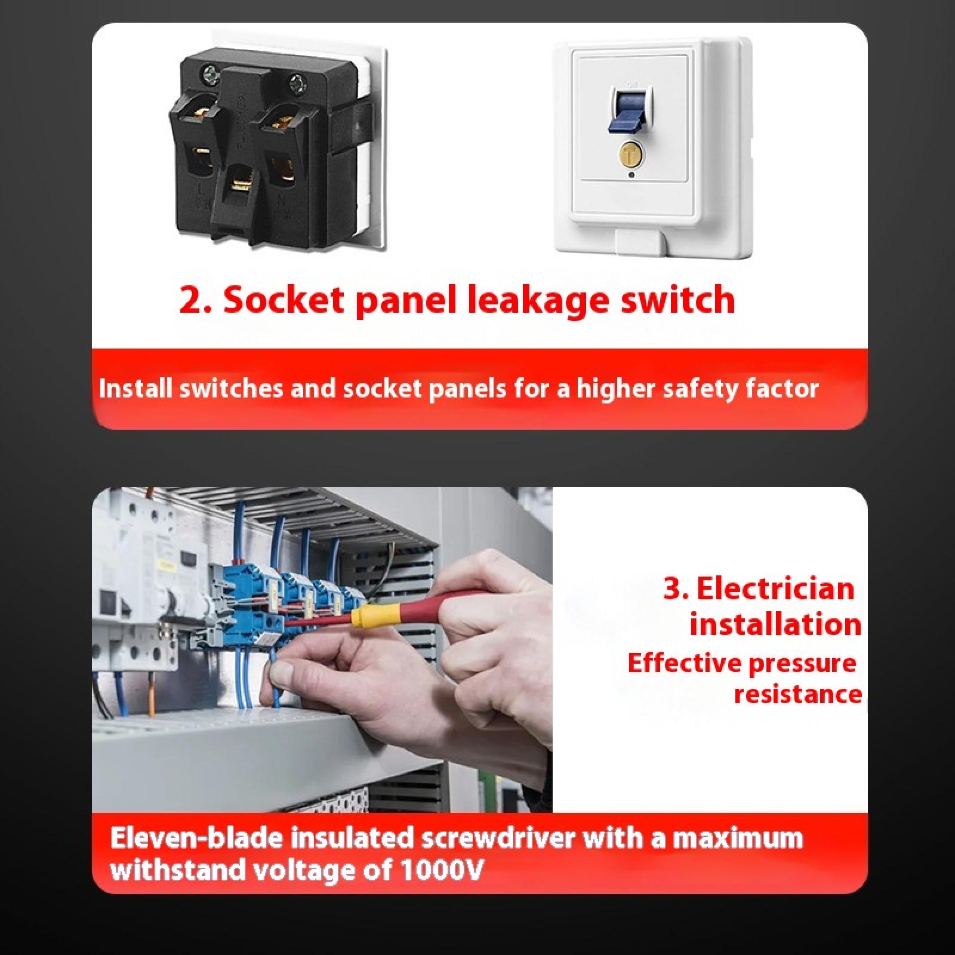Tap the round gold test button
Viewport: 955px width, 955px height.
(x=631, y=154)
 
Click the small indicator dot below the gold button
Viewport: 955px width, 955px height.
(x=631, y=175)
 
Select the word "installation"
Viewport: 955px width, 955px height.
(x=775, y=624)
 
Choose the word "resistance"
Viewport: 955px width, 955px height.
(x=798, y=694)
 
